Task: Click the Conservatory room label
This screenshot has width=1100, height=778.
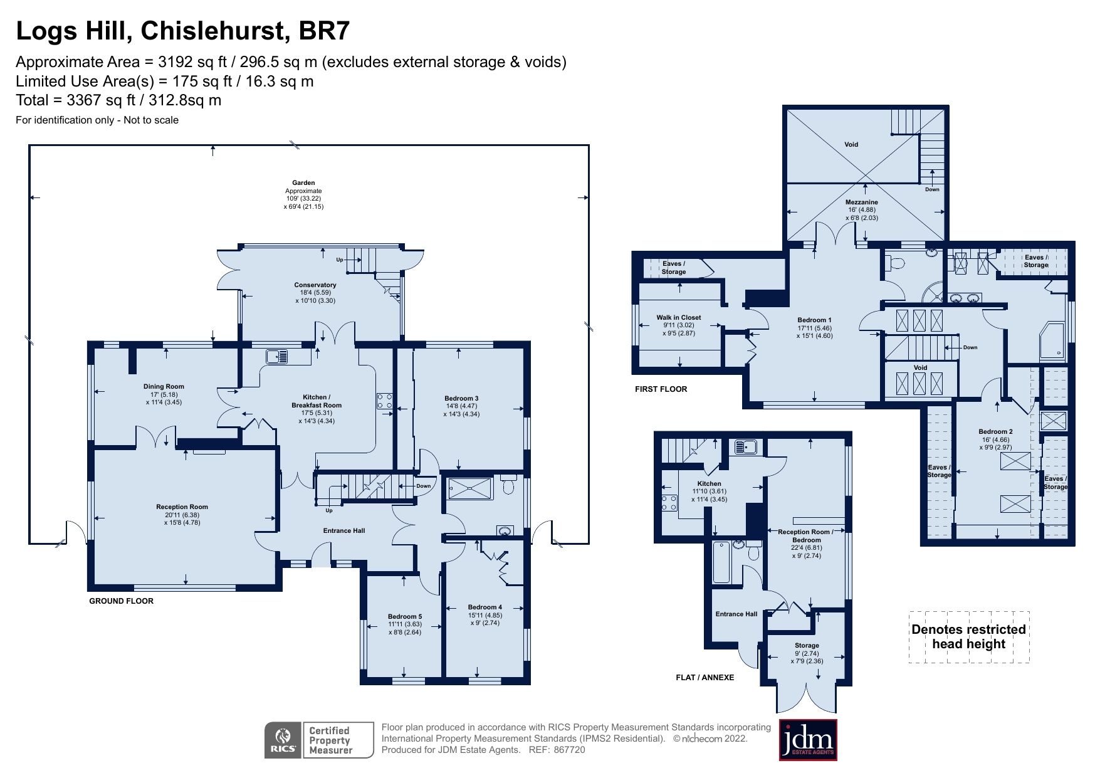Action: [315, 285]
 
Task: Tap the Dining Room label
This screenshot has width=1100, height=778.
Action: [164, 387]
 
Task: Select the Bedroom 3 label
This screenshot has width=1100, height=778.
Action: [461, 398]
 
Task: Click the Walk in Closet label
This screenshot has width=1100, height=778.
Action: [679, 318]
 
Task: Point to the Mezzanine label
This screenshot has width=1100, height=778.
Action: [862, 202]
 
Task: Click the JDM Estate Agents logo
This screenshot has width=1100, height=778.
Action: [808, 740]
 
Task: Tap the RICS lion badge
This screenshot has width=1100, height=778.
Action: [283, 740]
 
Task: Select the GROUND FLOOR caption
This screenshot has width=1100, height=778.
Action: [121, 601]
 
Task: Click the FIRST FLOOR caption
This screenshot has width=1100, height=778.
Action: [661, 389]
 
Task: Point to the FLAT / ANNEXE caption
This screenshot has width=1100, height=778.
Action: [705, 678]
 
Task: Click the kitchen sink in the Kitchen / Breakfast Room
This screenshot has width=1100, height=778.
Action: [276, 357]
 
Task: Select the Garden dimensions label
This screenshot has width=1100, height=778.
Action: [303, 194]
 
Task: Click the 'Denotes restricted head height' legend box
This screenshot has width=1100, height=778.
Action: [968, 637]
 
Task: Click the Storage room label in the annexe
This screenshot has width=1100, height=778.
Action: [807, 646]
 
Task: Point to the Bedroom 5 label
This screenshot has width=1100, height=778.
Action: [404, 617]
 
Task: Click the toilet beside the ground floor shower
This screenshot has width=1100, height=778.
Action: [508, 485]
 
